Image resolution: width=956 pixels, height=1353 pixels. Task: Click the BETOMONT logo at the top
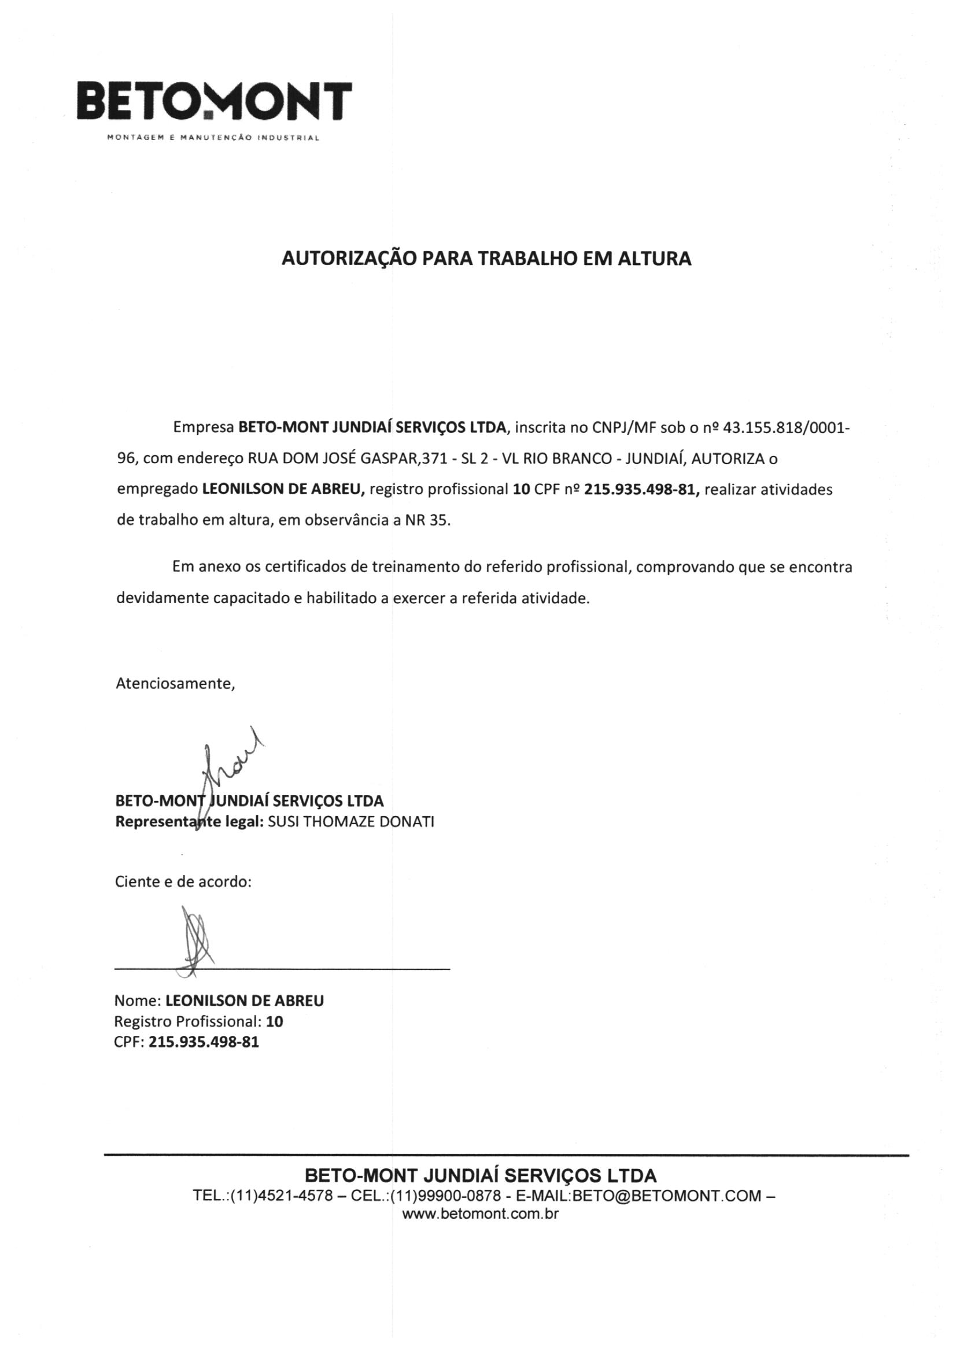coord(215,101)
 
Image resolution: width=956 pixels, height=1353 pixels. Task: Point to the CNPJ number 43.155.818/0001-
coord(786,428)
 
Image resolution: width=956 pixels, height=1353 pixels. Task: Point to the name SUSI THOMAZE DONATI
coord(351,822)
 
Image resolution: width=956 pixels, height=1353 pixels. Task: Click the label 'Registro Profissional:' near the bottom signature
coord(189,1021)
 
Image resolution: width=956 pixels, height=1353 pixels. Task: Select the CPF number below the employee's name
coord(204,1042)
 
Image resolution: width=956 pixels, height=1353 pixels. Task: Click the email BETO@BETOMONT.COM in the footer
coord(666,1196)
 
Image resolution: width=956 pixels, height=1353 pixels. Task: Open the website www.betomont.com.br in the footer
coord(479,1214)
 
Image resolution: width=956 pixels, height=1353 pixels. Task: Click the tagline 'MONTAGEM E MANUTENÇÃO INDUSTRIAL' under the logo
coord(213,138)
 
